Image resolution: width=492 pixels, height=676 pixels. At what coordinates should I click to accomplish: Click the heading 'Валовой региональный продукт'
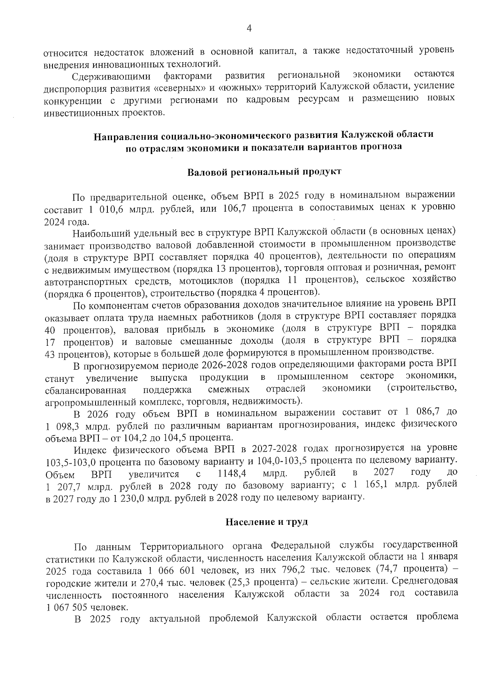point(264,172)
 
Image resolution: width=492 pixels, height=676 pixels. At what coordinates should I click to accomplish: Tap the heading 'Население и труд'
point(266,522)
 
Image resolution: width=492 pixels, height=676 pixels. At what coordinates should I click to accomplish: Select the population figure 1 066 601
point(178,570)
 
